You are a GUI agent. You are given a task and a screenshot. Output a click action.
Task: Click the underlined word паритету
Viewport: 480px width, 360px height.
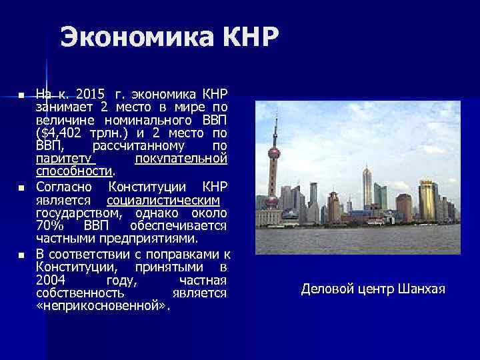pyautogui.click(x=66, y=159)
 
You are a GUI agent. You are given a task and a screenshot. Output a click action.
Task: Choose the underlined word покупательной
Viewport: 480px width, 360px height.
pyautogui.click(x=181, y=159)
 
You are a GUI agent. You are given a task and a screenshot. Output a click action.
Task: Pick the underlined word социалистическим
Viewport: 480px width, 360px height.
pyautogui.click(x=163, y=200)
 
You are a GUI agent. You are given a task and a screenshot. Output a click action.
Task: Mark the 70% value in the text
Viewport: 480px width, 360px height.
pyautogui.click(x=48, y=226)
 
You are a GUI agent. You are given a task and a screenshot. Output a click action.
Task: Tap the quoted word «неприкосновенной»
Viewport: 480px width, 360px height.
pyautogui.click(x=103, y=307)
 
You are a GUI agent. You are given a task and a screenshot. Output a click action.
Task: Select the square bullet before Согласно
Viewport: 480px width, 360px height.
pyautogui.click(x=21, y=189)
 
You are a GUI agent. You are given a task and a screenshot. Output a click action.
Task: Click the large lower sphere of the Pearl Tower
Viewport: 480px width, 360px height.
pyautogui.click(x=271, y=199)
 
